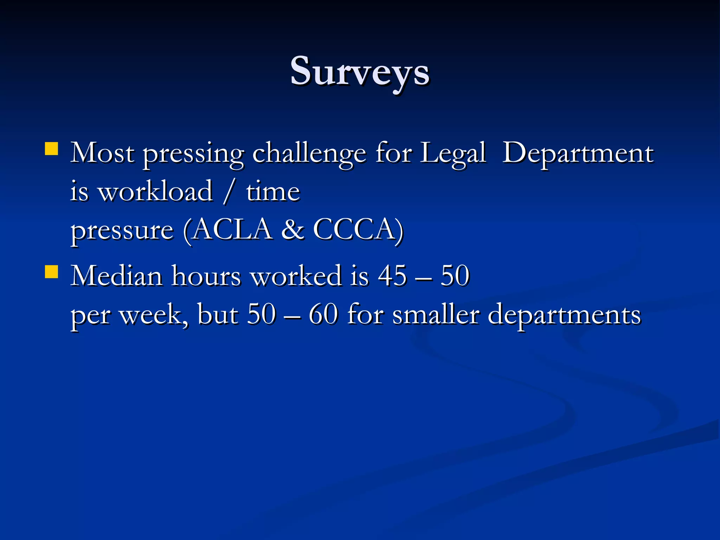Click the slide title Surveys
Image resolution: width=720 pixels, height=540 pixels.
(360, 72)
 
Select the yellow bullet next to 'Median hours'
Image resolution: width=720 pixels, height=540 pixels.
(52, 271)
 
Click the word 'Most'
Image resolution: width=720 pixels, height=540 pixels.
(102, 153)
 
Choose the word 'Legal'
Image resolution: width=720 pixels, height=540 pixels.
(453, 154)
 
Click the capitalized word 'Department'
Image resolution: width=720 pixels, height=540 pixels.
(578, 154)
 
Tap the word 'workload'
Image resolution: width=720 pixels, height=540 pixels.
(155, 192)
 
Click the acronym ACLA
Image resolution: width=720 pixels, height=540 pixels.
(232, 230)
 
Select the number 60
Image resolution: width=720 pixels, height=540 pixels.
(323, 314)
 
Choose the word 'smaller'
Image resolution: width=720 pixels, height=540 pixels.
(436, 314)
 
